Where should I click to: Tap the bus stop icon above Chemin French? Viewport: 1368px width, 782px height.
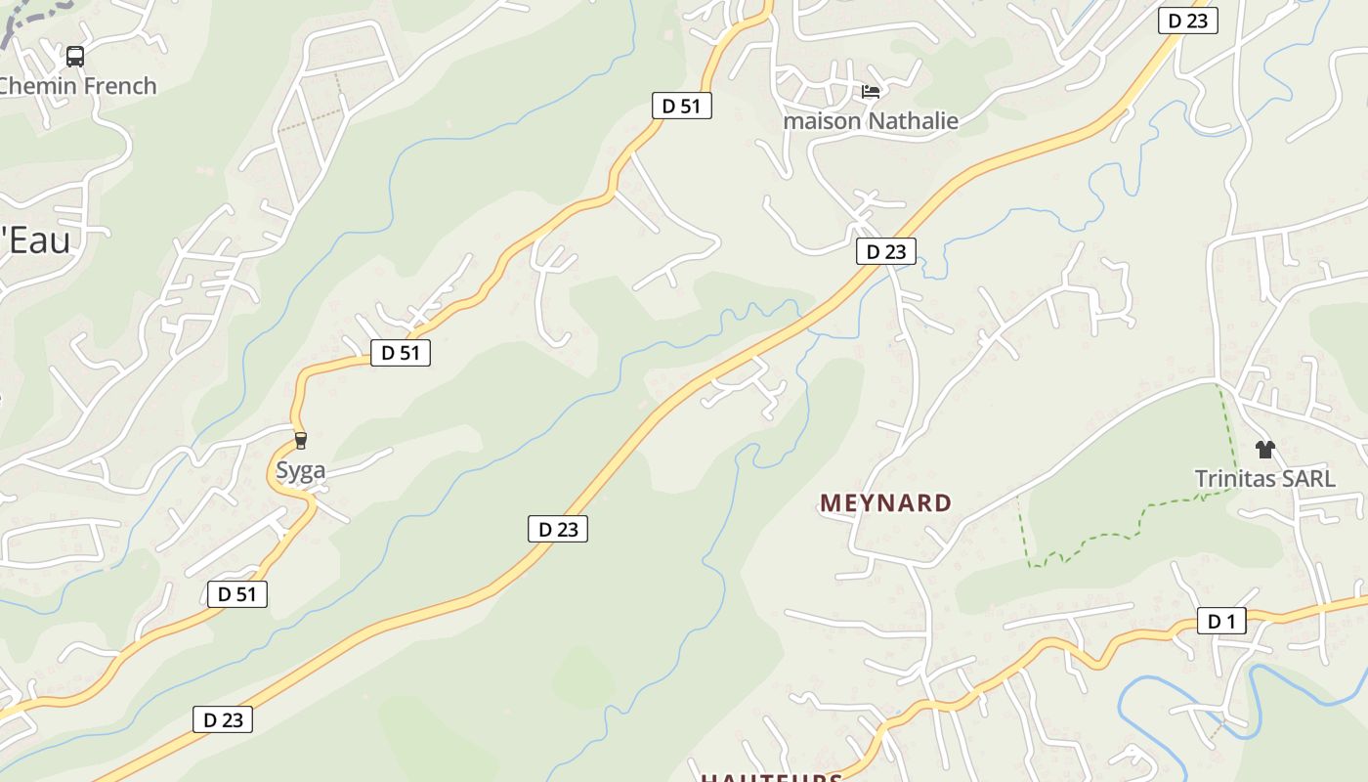75,56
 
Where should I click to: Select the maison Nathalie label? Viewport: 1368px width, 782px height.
871,121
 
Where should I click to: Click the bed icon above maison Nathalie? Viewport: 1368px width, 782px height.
871,92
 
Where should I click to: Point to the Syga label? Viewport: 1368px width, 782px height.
300,470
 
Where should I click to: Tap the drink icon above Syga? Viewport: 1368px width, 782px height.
301,441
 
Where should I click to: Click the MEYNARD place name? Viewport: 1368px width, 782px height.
885,503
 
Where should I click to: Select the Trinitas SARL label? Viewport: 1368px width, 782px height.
1264,479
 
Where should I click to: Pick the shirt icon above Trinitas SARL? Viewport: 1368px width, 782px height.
1265,450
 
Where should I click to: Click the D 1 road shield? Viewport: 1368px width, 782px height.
1221,621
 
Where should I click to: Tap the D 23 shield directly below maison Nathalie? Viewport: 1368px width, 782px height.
886,251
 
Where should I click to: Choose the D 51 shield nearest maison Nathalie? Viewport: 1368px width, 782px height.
681,106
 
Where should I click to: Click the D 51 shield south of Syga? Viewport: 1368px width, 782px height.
236,593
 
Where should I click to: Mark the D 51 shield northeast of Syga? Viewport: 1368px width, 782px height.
400,353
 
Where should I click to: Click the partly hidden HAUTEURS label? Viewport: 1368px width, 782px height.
771,777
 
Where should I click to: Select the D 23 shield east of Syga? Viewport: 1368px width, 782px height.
558,529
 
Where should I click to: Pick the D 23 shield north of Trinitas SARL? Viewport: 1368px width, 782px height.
1187,21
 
